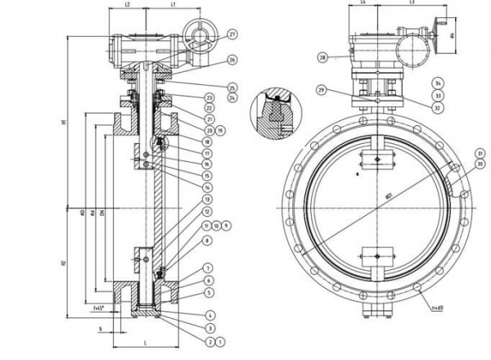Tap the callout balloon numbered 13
click(x=208, y=200)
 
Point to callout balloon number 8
click(x=208, y=240)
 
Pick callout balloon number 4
click(x=209, y=314)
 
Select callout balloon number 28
click(x=322, y=57)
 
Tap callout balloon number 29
click(x=322, y=88)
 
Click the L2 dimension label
click(x=128, y=6)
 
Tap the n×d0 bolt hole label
click(x=460, y=306)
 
